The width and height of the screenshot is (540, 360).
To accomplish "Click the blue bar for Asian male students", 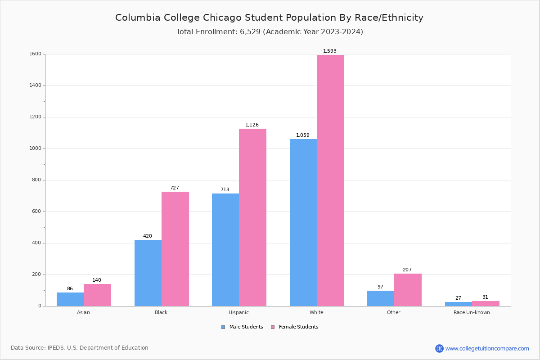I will click(70, 299).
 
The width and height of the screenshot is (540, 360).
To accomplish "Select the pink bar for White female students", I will click(330, 180).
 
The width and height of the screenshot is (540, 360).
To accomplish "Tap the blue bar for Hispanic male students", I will click(225, 250).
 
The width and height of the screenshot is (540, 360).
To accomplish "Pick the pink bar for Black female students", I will click(175, 249).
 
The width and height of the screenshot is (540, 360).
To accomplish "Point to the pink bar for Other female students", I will click(408, 290).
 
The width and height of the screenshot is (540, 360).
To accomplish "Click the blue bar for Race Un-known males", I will click(458, 304).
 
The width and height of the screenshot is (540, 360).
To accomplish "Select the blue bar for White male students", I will click(303, 223).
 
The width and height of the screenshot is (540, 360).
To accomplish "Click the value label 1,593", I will click(330, 51).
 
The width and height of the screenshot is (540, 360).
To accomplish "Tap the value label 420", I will click(148, 236).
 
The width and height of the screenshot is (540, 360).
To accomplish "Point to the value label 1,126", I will click(252, 125).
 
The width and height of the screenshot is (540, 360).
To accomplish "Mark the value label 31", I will click(485, 297).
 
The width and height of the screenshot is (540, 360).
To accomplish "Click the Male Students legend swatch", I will click(223, 327).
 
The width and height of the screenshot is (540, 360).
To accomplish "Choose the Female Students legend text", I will click(298, 327).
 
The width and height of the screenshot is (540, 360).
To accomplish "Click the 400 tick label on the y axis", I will click(36, 243).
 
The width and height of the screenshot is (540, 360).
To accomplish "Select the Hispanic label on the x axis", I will click(238, 313).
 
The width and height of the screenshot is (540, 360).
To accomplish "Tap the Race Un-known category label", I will click(472, 313).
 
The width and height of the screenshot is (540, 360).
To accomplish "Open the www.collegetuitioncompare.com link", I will click(487, 349).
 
